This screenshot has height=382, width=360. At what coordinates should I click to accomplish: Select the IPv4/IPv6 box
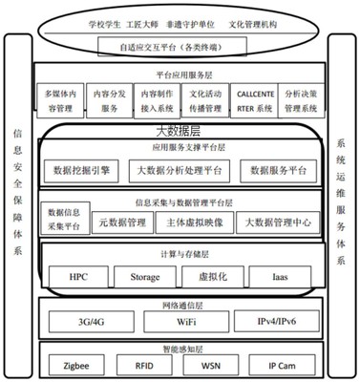pyautogui.click(x=271, y=321)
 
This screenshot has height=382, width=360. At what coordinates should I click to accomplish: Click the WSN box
pyautogui.click(x=209, y=364)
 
